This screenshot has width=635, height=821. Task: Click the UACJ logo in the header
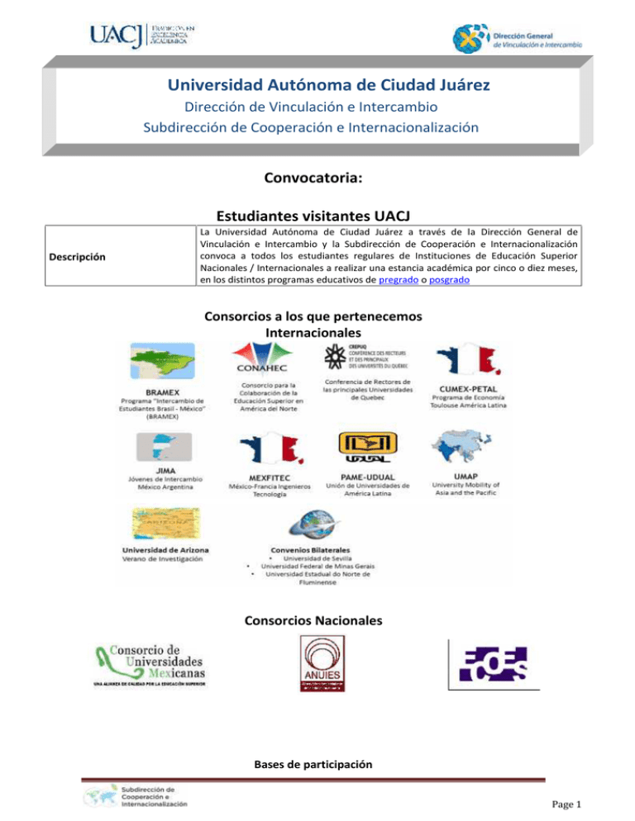(x=142, y=36)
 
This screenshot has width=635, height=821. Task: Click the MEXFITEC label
(x=268, y=477)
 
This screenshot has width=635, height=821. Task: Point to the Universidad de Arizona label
(x=165, y=549)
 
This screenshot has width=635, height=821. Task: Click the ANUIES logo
(x=317, y=663)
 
